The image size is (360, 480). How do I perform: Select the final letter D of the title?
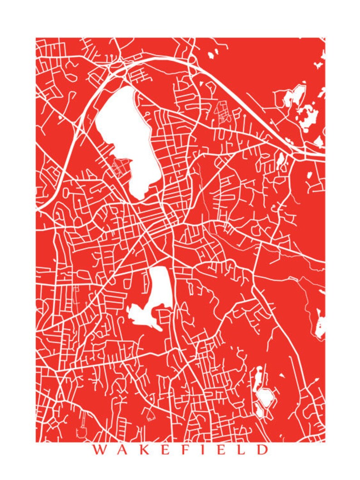tap(262, 450)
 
